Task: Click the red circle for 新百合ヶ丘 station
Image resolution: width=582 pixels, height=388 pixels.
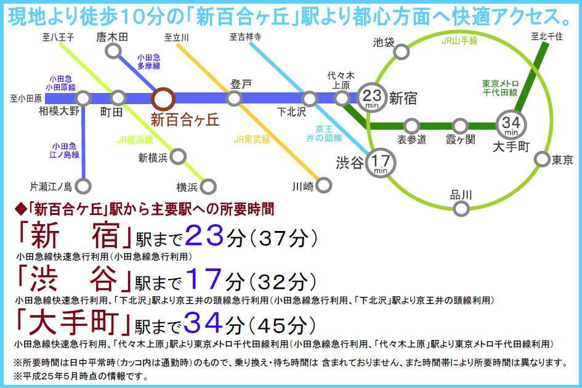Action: tap(164, 99)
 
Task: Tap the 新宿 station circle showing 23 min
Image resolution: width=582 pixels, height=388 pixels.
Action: tap(371, 96)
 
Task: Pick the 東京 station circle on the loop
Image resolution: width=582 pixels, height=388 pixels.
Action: tap(541, 160)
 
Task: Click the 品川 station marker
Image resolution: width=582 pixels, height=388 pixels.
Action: tap(461, 209)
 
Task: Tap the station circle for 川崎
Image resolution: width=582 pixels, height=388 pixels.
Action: tap(324, 185)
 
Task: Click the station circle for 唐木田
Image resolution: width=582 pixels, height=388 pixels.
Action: tap(112, 51)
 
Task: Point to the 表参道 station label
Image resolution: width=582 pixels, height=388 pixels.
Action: tap(412, 140)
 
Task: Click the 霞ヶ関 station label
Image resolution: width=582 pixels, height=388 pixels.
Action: tap(461, 140)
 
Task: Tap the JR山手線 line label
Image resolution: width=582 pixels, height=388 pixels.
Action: tap(459, 41)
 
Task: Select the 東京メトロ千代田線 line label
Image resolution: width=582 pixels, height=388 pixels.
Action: tap(501, 88)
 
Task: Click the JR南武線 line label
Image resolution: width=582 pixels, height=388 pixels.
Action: tap(252, 140)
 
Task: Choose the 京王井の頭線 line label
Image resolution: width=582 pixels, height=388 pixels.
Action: tap(327, 133)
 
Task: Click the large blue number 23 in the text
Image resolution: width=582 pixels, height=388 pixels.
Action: tap(204, 236)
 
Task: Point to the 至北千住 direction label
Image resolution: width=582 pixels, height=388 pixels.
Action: tap(547, 36)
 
